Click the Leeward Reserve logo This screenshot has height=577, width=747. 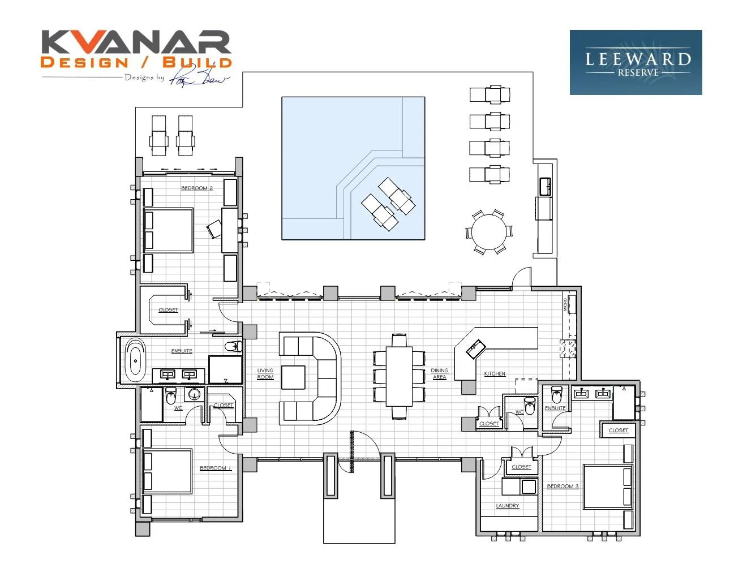[636, 62]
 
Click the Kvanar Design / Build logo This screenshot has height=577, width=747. [136, 55]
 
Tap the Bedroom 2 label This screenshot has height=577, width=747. [197, 188]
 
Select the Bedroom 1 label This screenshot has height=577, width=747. [216, 468]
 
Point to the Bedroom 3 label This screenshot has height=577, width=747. [563, 486]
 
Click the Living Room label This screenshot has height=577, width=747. [265, 374]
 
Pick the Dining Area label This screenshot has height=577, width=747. [439, 374]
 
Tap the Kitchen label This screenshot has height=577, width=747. [495, 374]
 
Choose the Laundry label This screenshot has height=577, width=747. [507, 506]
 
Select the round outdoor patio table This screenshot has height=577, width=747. [489, 232]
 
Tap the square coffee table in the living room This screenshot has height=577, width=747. [293, 377]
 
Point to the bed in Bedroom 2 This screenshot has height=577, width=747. [169, 230]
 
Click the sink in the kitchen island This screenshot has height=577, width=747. [475, 349]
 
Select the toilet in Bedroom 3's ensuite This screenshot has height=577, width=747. [556, 394]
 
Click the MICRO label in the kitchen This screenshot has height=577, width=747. [565, 304]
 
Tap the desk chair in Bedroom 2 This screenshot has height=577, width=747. [214, 229]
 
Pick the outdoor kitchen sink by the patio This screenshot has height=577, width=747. [545, 186]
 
